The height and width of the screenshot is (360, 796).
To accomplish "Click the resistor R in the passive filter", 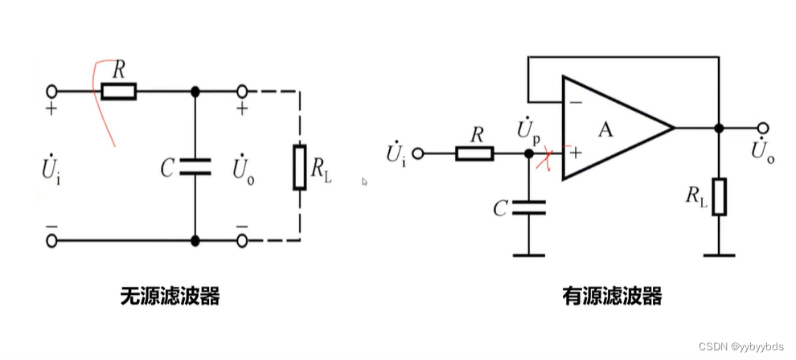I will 118,92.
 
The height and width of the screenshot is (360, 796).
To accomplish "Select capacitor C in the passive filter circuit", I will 195,166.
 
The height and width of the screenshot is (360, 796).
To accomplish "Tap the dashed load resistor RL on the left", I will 299,167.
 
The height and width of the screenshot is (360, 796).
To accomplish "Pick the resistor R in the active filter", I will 474,153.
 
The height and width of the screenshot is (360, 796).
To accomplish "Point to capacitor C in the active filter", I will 528,209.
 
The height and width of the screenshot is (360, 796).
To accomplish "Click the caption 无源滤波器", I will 170,297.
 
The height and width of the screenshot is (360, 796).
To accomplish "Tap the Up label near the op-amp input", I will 530,129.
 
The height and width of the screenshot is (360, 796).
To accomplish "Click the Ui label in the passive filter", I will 51,169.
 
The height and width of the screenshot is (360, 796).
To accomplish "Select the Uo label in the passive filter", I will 243,169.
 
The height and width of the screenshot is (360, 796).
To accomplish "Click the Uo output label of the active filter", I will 763,151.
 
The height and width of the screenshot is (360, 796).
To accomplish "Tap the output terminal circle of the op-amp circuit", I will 763,129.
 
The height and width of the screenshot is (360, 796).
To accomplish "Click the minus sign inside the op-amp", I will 575,103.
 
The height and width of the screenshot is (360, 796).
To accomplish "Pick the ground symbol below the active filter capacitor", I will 528,255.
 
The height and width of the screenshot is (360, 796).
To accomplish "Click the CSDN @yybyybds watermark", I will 741,346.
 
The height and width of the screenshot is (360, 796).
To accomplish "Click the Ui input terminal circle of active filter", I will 427,153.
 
